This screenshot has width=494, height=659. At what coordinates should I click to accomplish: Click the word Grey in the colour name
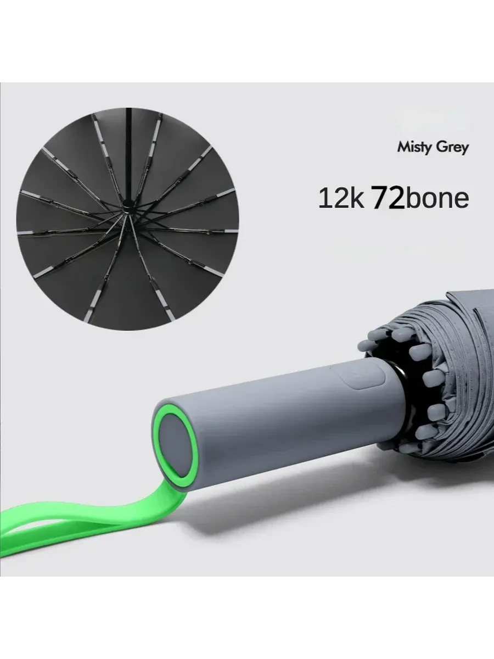click(453, 148)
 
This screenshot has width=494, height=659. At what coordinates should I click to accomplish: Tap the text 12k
click(341, 198)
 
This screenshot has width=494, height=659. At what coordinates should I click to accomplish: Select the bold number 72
click(387, 198)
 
